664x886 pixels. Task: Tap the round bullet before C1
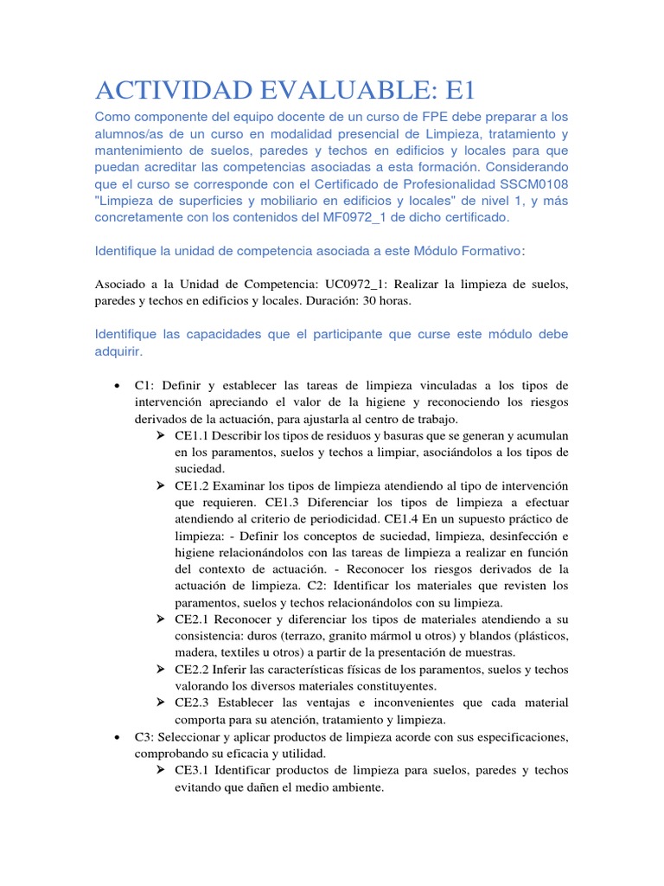(x=116, y=385)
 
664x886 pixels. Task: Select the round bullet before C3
(x=116, y=736)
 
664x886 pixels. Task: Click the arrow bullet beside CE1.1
(x=161, y=435)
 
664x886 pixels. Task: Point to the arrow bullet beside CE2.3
(x=161, y=703)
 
